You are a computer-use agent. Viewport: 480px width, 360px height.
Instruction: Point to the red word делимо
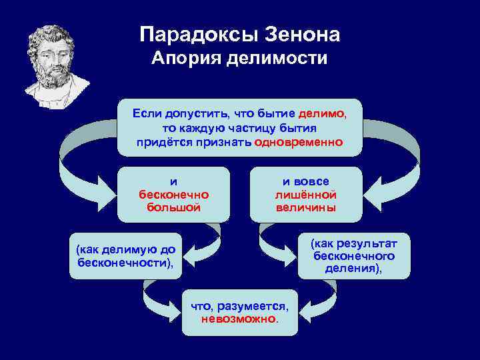tap(322, 114)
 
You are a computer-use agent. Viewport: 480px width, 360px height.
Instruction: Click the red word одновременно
tap(299, 142)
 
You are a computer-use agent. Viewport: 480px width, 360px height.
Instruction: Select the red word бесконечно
tap(173, 195)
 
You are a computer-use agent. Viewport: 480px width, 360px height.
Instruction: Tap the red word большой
tap(173, 207)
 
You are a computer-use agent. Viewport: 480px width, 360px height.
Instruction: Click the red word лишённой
tap(305, 195)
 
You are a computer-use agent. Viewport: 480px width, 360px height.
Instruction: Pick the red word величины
tap(305, 207)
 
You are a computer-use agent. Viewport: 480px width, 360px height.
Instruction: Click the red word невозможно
tap(239, 319)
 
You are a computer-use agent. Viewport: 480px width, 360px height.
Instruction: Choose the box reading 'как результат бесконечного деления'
tap(353, 256)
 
